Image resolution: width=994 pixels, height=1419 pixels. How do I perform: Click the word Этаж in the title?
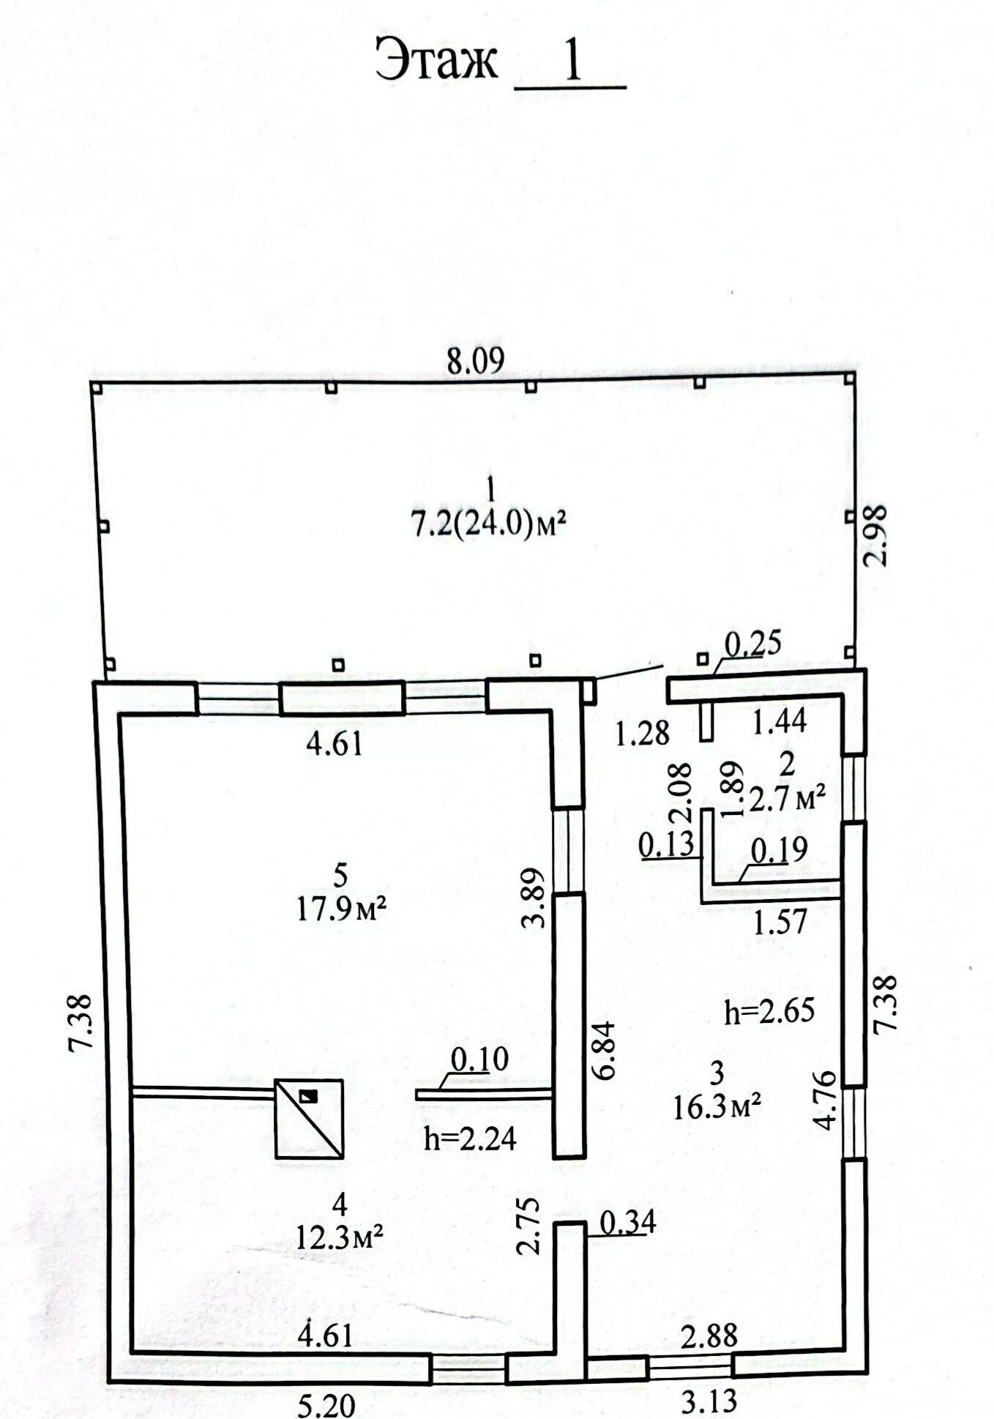pyautogui.click(x=436, y=61)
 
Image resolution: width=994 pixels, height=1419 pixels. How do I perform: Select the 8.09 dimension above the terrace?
pyautogui.click(x=477, y=362)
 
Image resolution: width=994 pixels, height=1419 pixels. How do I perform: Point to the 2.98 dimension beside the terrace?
pyautogui.click(x=875, y=535)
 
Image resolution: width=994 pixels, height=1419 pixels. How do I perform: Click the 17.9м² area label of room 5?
pyautogui.click(x=341, y=909)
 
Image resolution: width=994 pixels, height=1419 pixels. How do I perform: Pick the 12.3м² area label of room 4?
pyautogui.click(x=340, y=1237)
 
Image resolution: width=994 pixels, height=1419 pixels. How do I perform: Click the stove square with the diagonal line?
pyautogui.click(x=309, y=1119)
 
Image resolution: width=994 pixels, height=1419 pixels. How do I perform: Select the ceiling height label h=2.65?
pyautogui.click(x=769, y=1011)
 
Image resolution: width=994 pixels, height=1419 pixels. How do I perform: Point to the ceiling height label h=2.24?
pyautogui.click(x=470, y=1138)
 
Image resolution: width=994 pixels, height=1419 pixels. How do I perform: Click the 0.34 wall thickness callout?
pyautogui.click(x=628, y=1222)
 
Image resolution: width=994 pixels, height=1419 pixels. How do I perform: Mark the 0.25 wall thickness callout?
pyautogui.click(x=753, y=643)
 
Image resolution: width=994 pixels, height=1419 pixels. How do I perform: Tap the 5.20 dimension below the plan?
pyautogui.click(x=326, y=1404)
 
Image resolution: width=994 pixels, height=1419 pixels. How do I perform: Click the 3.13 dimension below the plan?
pyautogui.click(x=709, y=1401)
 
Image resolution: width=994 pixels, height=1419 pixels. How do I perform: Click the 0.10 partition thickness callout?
pyautogui.click(x=479, y=1059)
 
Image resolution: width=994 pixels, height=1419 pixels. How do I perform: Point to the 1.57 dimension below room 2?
pyautogui.click(x=781, y=921)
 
